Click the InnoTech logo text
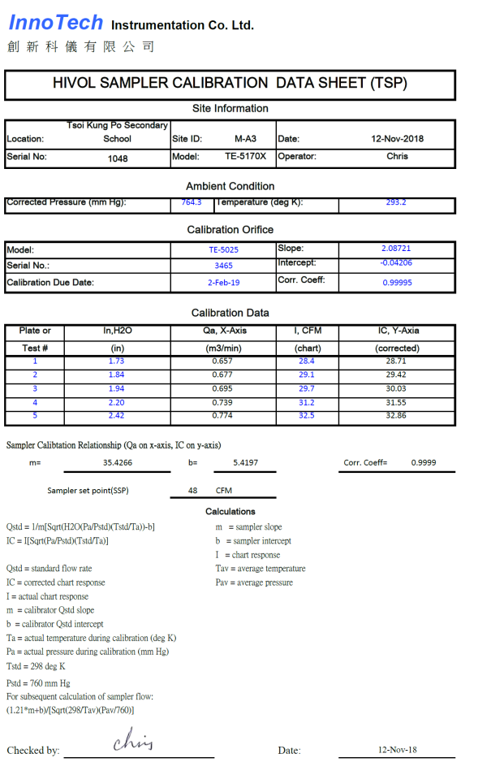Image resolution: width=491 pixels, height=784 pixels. [x=56, y=23]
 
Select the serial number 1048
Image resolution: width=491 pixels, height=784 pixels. [x=118, y=158]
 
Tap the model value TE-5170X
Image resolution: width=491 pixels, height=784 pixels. [x=245, y=156]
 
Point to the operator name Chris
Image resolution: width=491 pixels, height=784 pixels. [x=397, y=156]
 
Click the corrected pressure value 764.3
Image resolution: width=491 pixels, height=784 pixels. [x=192, y=201]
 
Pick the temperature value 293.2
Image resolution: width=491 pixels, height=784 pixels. [x=396, y=201]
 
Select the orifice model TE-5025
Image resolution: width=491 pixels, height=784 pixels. [x=223, y=250]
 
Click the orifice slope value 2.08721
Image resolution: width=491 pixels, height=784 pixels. [x=396, y=248]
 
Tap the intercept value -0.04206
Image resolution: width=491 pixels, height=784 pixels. [x=396, y=262]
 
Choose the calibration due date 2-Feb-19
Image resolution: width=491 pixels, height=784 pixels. [x=223, y=283]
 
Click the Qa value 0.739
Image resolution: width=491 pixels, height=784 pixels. [x=222, y=402]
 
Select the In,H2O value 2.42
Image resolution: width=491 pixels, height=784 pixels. [x=116, y=416]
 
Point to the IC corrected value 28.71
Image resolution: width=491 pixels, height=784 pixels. [x=396, y=361]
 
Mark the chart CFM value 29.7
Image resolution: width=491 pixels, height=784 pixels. [x=307, y=388]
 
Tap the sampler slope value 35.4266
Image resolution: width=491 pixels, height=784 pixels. [x=118, y=462]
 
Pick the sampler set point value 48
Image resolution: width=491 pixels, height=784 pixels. [x=192, y=491]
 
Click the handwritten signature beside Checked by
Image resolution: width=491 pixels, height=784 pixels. [x=133, y=740]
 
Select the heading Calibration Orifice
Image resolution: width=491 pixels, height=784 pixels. [x=230, y=230]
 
